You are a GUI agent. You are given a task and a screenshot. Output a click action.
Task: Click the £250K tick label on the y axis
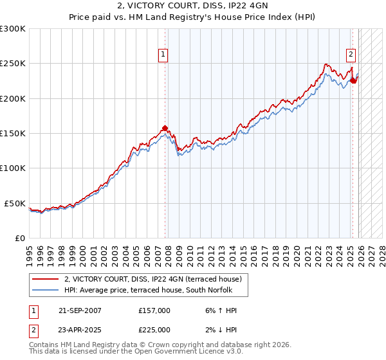[x=13, y=64]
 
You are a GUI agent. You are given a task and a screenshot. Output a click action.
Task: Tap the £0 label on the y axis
[x=20, y=238]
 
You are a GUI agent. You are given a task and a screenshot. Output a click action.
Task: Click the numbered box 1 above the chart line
[x=164, y=55]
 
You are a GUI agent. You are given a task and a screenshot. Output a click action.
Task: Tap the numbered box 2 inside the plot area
[x=352, y=55]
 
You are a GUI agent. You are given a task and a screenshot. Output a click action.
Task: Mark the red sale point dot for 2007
[x=165, y=128]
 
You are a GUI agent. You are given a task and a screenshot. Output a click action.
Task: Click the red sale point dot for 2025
[x=353, y=81]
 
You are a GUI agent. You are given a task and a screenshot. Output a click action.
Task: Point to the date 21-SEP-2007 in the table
[x=80, y=310]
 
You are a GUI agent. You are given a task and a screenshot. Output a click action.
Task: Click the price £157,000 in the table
[x=154, y=310]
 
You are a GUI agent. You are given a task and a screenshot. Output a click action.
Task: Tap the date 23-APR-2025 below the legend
[x=80, y=329]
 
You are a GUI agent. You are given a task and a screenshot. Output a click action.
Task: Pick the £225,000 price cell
[x=154, y=329]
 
